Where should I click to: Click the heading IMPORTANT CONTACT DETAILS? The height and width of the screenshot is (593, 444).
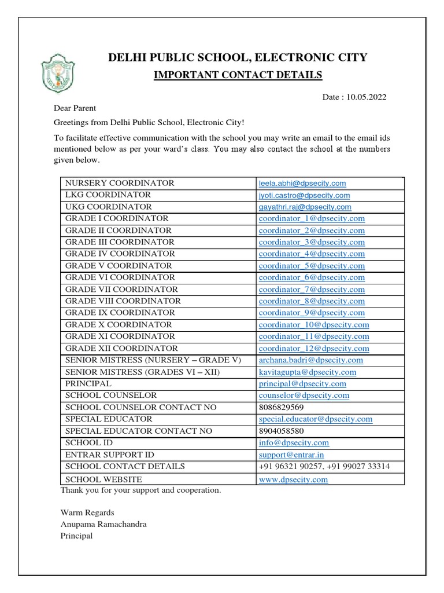[230, 75]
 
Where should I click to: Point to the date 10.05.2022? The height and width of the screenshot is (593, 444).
[367, 97]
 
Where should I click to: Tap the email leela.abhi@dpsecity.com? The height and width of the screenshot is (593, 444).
[302, 183]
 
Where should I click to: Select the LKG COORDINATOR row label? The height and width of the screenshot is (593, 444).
[108, 195]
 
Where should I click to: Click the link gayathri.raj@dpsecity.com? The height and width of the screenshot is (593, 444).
[305, 207]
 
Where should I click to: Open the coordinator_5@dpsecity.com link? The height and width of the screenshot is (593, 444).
[312, 266]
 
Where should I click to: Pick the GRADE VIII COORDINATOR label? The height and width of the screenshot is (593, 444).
[123, 301]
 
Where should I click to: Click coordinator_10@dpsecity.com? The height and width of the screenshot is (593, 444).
[314, 325]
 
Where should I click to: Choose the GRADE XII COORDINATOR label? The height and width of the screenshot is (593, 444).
[121, 349]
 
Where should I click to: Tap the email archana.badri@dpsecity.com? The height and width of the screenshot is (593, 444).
[311, 360]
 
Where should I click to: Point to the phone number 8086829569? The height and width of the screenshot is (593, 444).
[281, 408]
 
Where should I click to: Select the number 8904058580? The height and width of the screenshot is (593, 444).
[282, 431]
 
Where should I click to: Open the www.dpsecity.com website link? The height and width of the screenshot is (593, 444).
[293, 479]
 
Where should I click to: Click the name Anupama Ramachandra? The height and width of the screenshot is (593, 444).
[103, 524]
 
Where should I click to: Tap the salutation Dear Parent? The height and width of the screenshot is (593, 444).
[75, 108]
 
